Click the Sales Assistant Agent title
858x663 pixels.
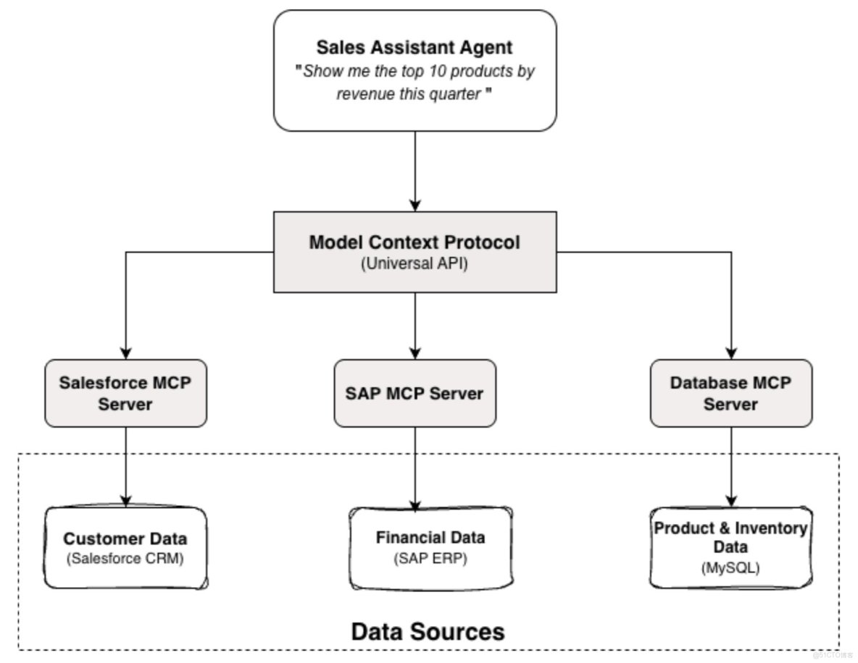[x=415, y=48]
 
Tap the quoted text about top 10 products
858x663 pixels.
[x=415, y=83]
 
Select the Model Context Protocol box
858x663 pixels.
[x=415, y=252]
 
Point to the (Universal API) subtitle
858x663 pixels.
[x=415, y=264]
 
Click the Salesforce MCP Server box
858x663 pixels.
[x=125, y=393]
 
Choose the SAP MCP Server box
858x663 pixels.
[x=415, y=393]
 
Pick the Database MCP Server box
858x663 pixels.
[x=730, y=393]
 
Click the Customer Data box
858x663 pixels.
[x=125, y=547]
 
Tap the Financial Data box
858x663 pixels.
[x=430, y=547]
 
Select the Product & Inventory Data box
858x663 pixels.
[x=730, y=546]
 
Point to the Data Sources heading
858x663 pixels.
[x=428, y=631]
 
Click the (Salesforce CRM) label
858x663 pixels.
[x=125, y=558]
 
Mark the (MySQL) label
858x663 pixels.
[x=730, y=568]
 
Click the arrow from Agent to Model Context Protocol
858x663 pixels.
[x=415, y=171]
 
